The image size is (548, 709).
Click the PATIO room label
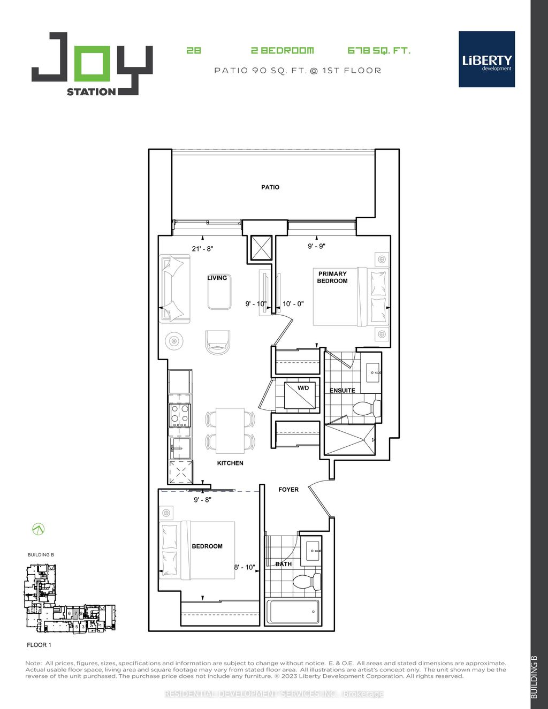[270, 187]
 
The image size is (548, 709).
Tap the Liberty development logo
[486, 59]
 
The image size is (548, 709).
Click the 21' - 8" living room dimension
[203, 249]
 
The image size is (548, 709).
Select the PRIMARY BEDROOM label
[332, 277]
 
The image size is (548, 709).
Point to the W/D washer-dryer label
[303, 388]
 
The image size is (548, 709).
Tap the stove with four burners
[180, 415]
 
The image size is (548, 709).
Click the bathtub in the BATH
[293, 611]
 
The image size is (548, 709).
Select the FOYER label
[288, 490]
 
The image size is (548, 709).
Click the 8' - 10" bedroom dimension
[245, 567]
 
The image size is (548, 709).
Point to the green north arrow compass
[39, 529]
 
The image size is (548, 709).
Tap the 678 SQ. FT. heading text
[379, 51]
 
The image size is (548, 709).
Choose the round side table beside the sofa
[174, 340]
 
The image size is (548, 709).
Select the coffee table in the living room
[219, 289]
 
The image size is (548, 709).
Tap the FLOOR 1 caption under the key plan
[39, 645]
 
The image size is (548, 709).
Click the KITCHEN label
[230, 463]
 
